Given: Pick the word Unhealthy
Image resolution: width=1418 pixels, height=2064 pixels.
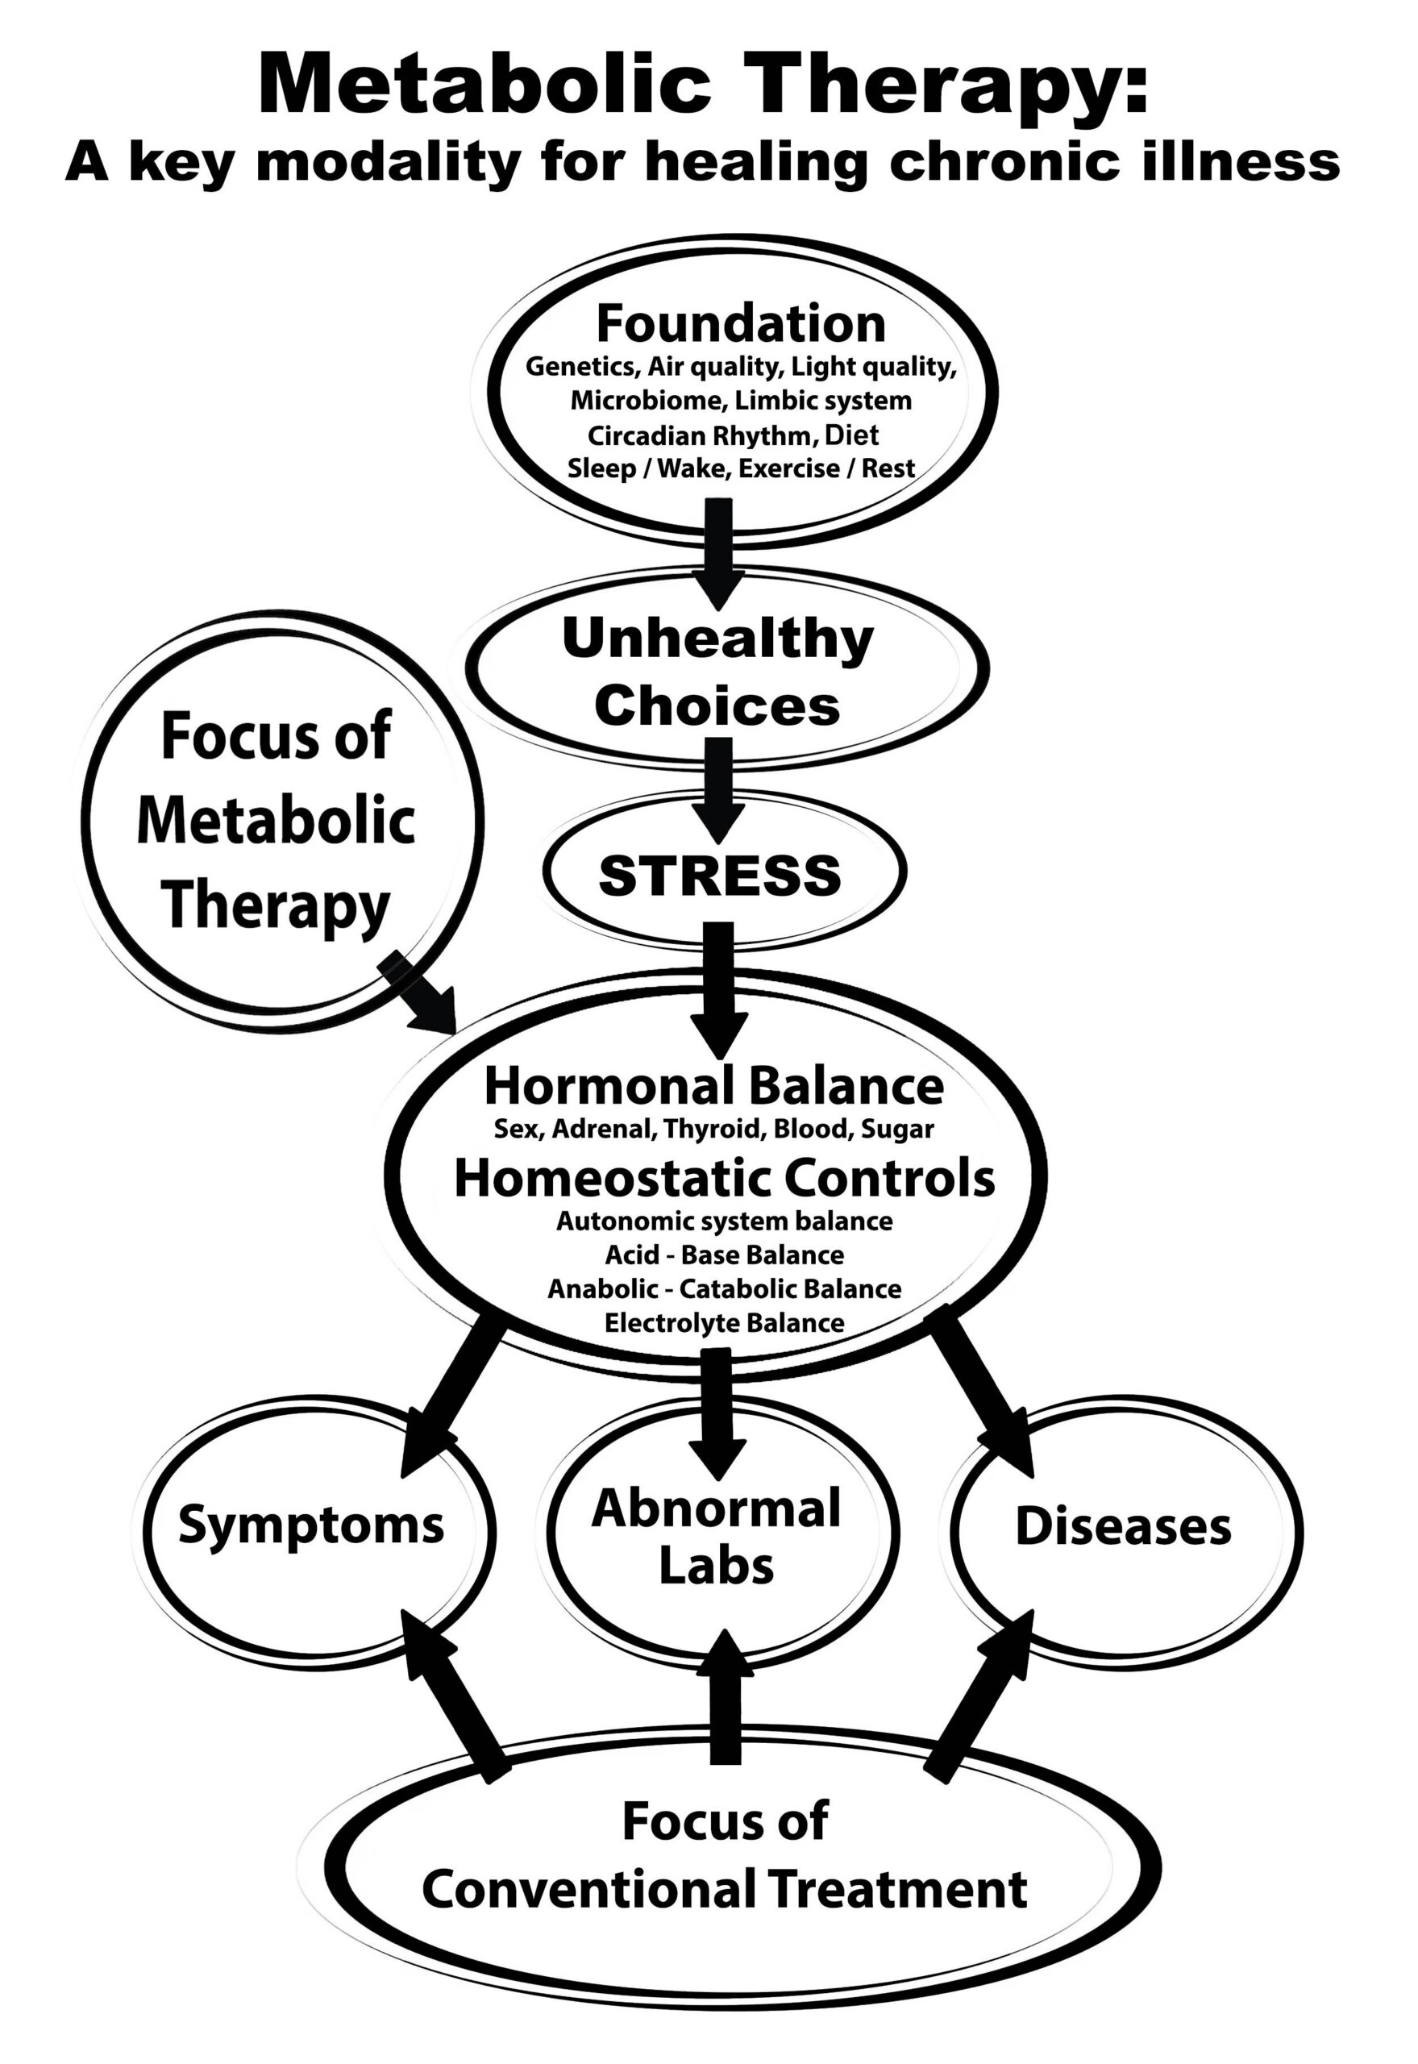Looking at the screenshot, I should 718,639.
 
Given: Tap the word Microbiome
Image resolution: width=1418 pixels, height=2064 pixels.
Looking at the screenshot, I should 649,401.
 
